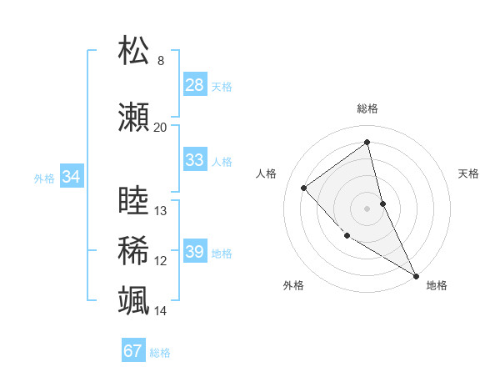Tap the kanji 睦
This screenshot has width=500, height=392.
click(x=134, y=203)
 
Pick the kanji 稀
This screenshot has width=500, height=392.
click(x=134, y=251)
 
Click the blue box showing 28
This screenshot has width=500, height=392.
click(x=195, y=85)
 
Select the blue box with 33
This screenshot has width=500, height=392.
click(x=195, y=160)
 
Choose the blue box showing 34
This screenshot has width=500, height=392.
click(x=71, y=177)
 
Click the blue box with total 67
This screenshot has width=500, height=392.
click(x=133, y=351)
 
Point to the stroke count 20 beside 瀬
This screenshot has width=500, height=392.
click(x=160, y=128)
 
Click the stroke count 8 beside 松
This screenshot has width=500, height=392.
click(x=160, y=61)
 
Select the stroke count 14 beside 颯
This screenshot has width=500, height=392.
click(x=161, y=311)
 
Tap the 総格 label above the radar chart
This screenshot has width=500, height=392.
click(x=367, y=108)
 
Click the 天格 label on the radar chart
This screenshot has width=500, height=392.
click(x=468, y=173)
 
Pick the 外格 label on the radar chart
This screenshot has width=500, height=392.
click(x=293, y=285)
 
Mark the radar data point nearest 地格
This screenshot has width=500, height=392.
click(x=416, y=275)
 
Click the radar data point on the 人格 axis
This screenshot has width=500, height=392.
click(x=304, y=188)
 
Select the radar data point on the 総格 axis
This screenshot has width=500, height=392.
click(x=367, y=142)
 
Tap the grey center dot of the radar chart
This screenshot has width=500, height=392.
click(x=367, y=208)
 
